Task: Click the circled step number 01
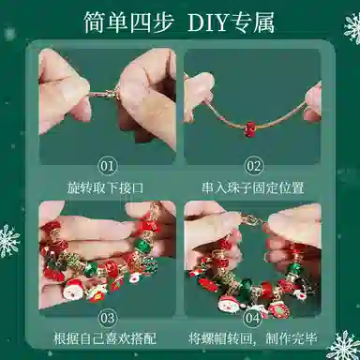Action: (108, 166)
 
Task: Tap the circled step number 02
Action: (253, 166)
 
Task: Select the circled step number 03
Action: (108, 319)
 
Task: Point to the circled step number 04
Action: (252, 319)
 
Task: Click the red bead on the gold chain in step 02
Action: (249, 129)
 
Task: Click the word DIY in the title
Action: (208, 22)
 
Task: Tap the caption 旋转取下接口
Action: (106, 188)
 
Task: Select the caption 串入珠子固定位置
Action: (253, 188)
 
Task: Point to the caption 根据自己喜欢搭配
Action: (105, 338)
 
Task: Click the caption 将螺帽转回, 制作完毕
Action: (253, 338)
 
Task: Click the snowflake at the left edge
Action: (8, 241)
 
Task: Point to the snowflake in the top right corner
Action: (352, 29)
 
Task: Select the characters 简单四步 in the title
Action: (128, 22)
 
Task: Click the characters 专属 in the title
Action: (253, 22)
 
